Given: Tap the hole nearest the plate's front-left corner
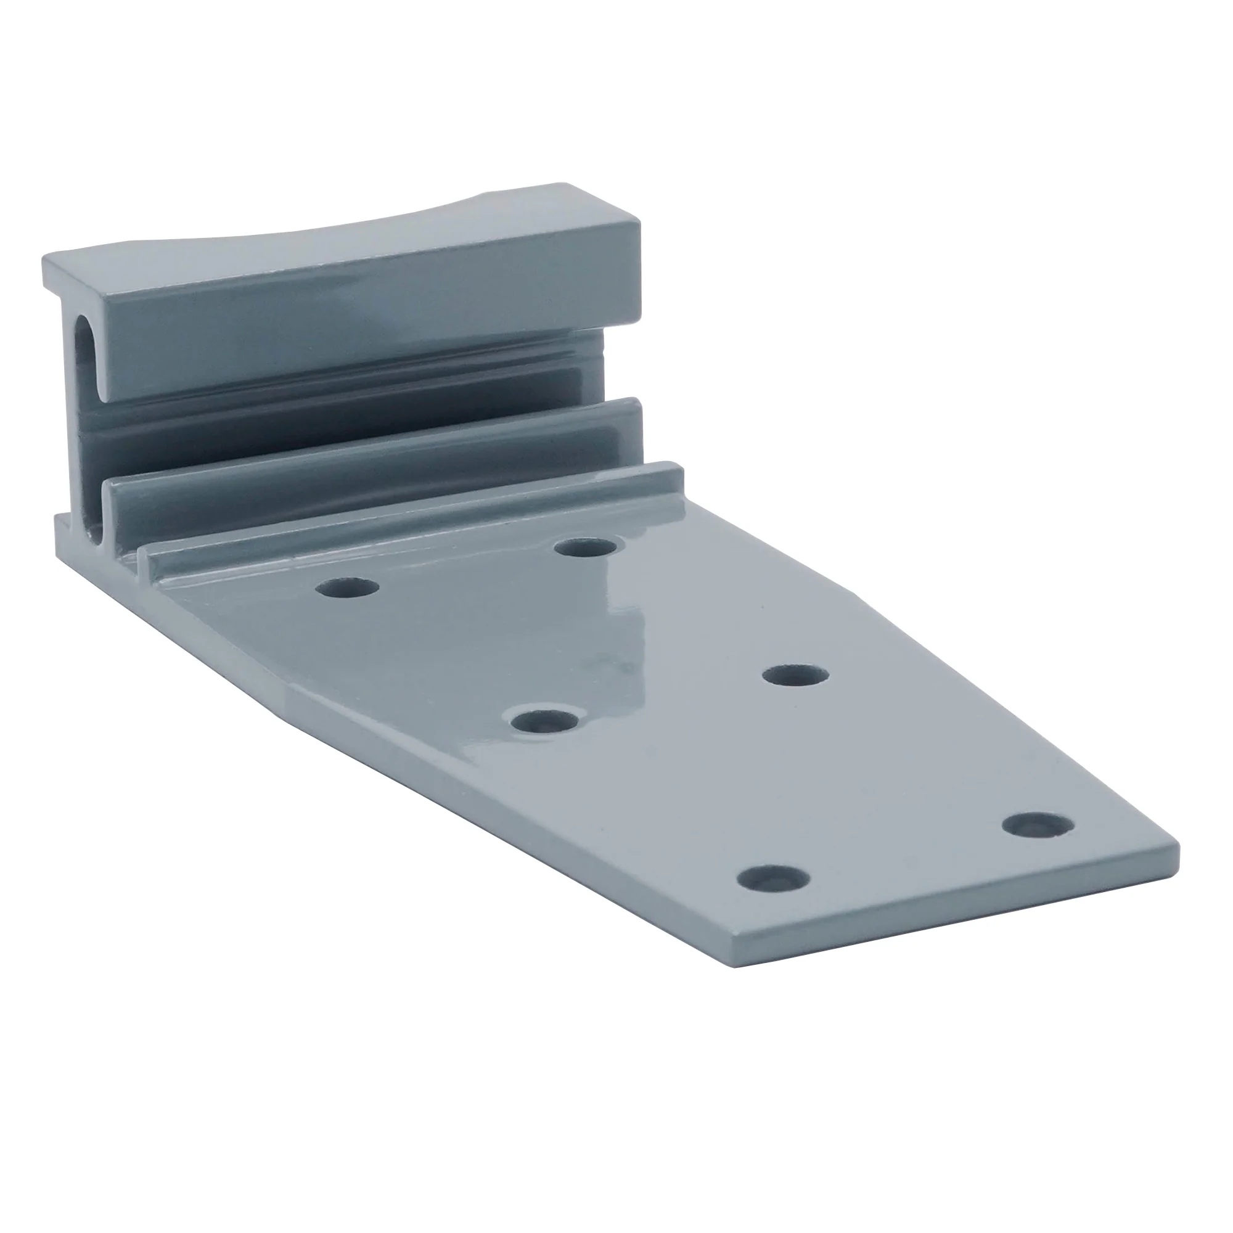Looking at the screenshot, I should pyautogui.click(x=773, y=879).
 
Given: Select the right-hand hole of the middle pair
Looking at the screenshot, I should pyautogui.click(x=795, y=676).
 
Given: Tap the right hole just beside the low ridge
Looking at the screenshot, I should pyautogui.click(x=586, y=547).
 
